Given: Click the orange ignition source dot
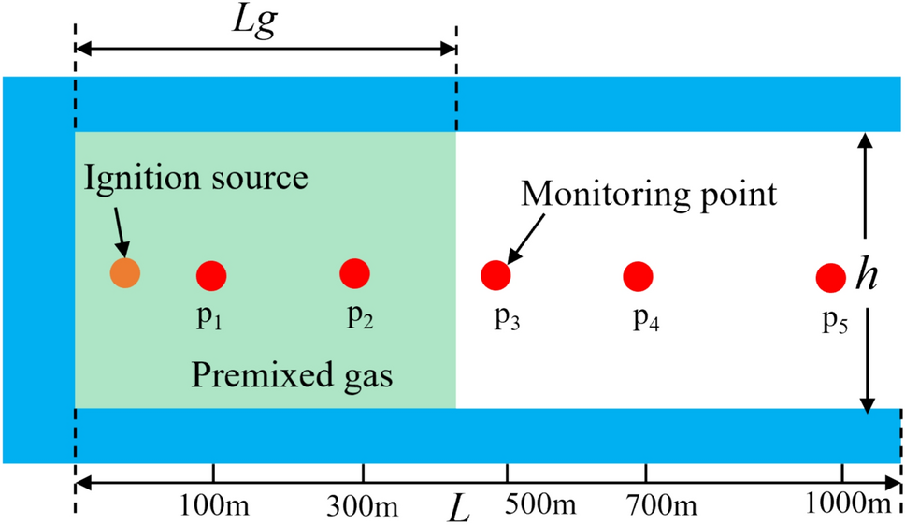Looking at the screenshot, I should pyautogui.click(x=124, y=273).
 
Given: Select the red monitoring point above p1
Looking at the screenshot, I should pyautogui.click(x=211, y=275).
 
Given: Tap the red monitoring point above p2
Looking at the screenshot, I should pyautogui.click(x=354, y=273).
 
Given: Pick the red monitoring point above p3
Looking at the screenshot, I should pyautogui.click(x=496, y=275).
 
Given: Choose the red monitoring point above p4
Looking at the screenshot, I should pyautogui.click(x=638, y=276).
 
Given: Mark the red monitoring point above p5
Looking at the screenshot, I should pyautogui.click(x=830, y=278).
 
